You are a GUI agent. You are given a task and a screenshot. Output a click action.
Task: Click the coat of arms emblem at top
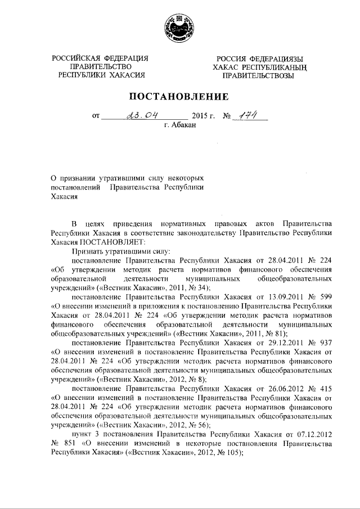(x=180, y=28)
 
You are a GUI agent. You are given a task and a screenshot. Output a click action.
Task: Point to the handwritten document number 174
(x=247, y=115)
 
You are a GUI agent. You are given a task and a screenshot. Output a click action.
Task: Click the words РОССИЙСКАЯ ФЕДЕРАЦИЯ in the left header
(x=100, y=58)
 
